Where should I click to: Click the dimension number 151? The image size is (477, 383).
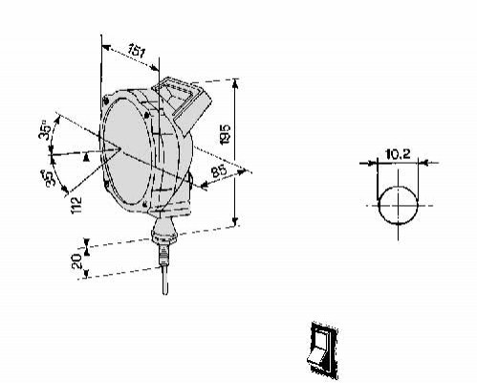point(137,51)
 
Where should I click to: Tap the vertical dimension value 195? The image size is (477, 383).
point(226,134)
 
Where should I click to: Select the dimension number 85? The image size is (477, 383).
point(219,170)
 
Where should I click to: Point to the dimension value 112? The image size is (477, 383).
point(76,205)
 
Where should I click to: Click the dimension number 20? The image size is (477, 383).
point(77,261)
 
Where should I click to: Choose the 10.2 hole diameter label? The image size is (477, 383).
point(398,154)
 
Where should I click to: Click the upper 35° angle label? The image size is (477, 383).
point(45,129)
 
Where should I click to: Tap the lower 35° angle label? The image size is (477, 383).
point(50,178)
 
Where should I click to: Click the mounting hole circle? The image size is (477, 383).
point(398,205)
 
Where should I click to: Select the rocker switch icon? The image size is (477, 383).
point(323,350)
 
